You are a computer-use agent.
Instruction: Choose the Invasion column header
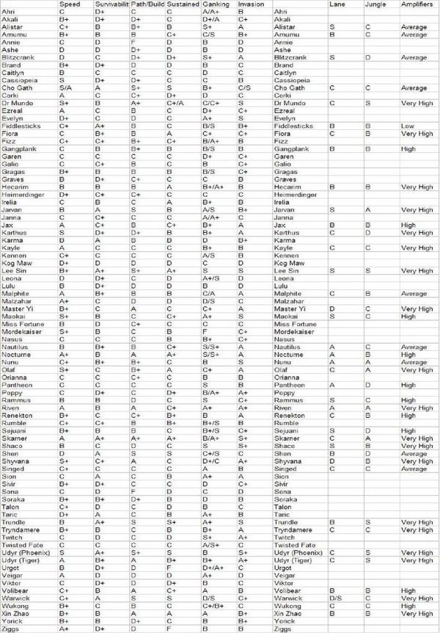(x=250, y=4)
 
